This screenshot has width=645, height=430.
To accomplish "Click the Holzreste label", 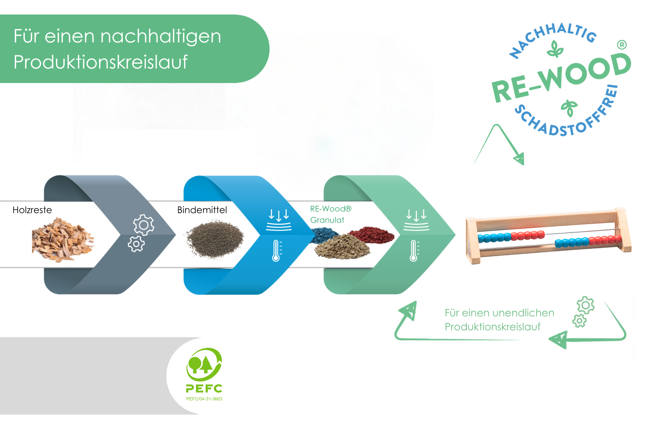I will tap(32, 210).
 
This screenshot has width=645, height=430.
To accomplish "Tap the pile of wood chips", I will tap(63, 239).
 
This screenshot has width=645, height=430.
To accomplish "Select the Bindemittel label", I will tap(202, 210).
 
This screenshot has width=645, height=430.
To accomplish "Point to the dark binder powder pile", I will tap(215, 239).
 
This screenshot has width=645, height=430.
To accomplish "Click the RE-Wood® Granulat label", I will tap(330, 214).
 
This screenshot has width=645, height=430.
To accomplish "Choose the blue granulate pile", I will tap(325, 235).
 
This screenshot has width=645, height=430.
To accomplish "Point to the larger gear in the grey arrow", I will tap(144, 225).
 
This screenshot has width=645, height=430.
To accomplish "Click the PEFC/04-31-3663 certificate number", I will tap(204, 399).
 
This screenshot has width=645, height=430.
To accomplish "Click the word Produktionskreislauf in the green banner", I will tap(101, 62).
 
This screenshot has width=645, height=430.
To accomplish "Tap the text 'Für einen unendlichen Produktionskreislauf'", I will tap(499, 320).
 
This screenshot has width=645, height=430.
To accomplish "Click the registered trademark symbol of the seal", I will tap(622, 45).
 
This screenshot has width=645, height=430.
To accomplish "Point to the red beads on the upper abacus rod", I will tap(528, 235).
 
